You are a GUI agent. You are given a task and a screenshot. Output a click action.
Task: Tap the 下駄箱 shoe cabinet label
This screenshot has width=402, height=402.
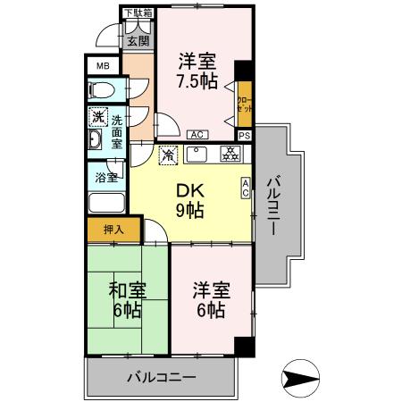pos(138,13)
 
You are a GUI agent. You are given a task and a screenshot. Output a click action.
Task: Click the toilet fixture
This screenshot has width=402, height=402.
pos(101,89)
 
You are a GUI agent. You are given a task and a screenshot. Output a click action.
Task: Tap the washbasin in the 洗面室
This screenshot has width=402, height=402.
pos(96,143)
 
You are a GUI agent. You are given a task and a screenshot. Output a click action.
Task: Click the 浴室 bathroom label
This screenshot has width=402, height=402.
pos(105,178)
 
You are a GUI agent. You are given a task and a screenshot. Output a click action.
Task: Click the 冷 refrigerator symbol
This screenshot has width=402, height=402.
pos(167,155)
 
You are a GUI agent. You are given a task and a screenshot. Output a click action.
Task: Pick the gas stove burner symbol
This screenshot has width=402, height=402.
pos(229,153)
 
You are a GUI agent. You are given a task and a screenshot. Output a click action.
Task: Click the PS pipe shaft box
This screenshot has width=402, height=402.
pos(244,135)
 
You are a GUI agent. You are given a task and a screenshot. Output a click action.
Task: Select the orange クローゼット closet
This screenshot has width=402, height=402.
pos(244,104)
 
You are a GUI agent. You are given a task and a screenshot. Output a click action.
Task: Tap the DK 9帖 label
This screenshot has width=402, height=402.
pos(188,201)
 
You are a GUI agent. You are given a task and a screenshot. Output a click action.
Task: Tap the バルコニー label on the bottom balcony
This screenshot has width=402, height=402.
pos(161,377)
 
